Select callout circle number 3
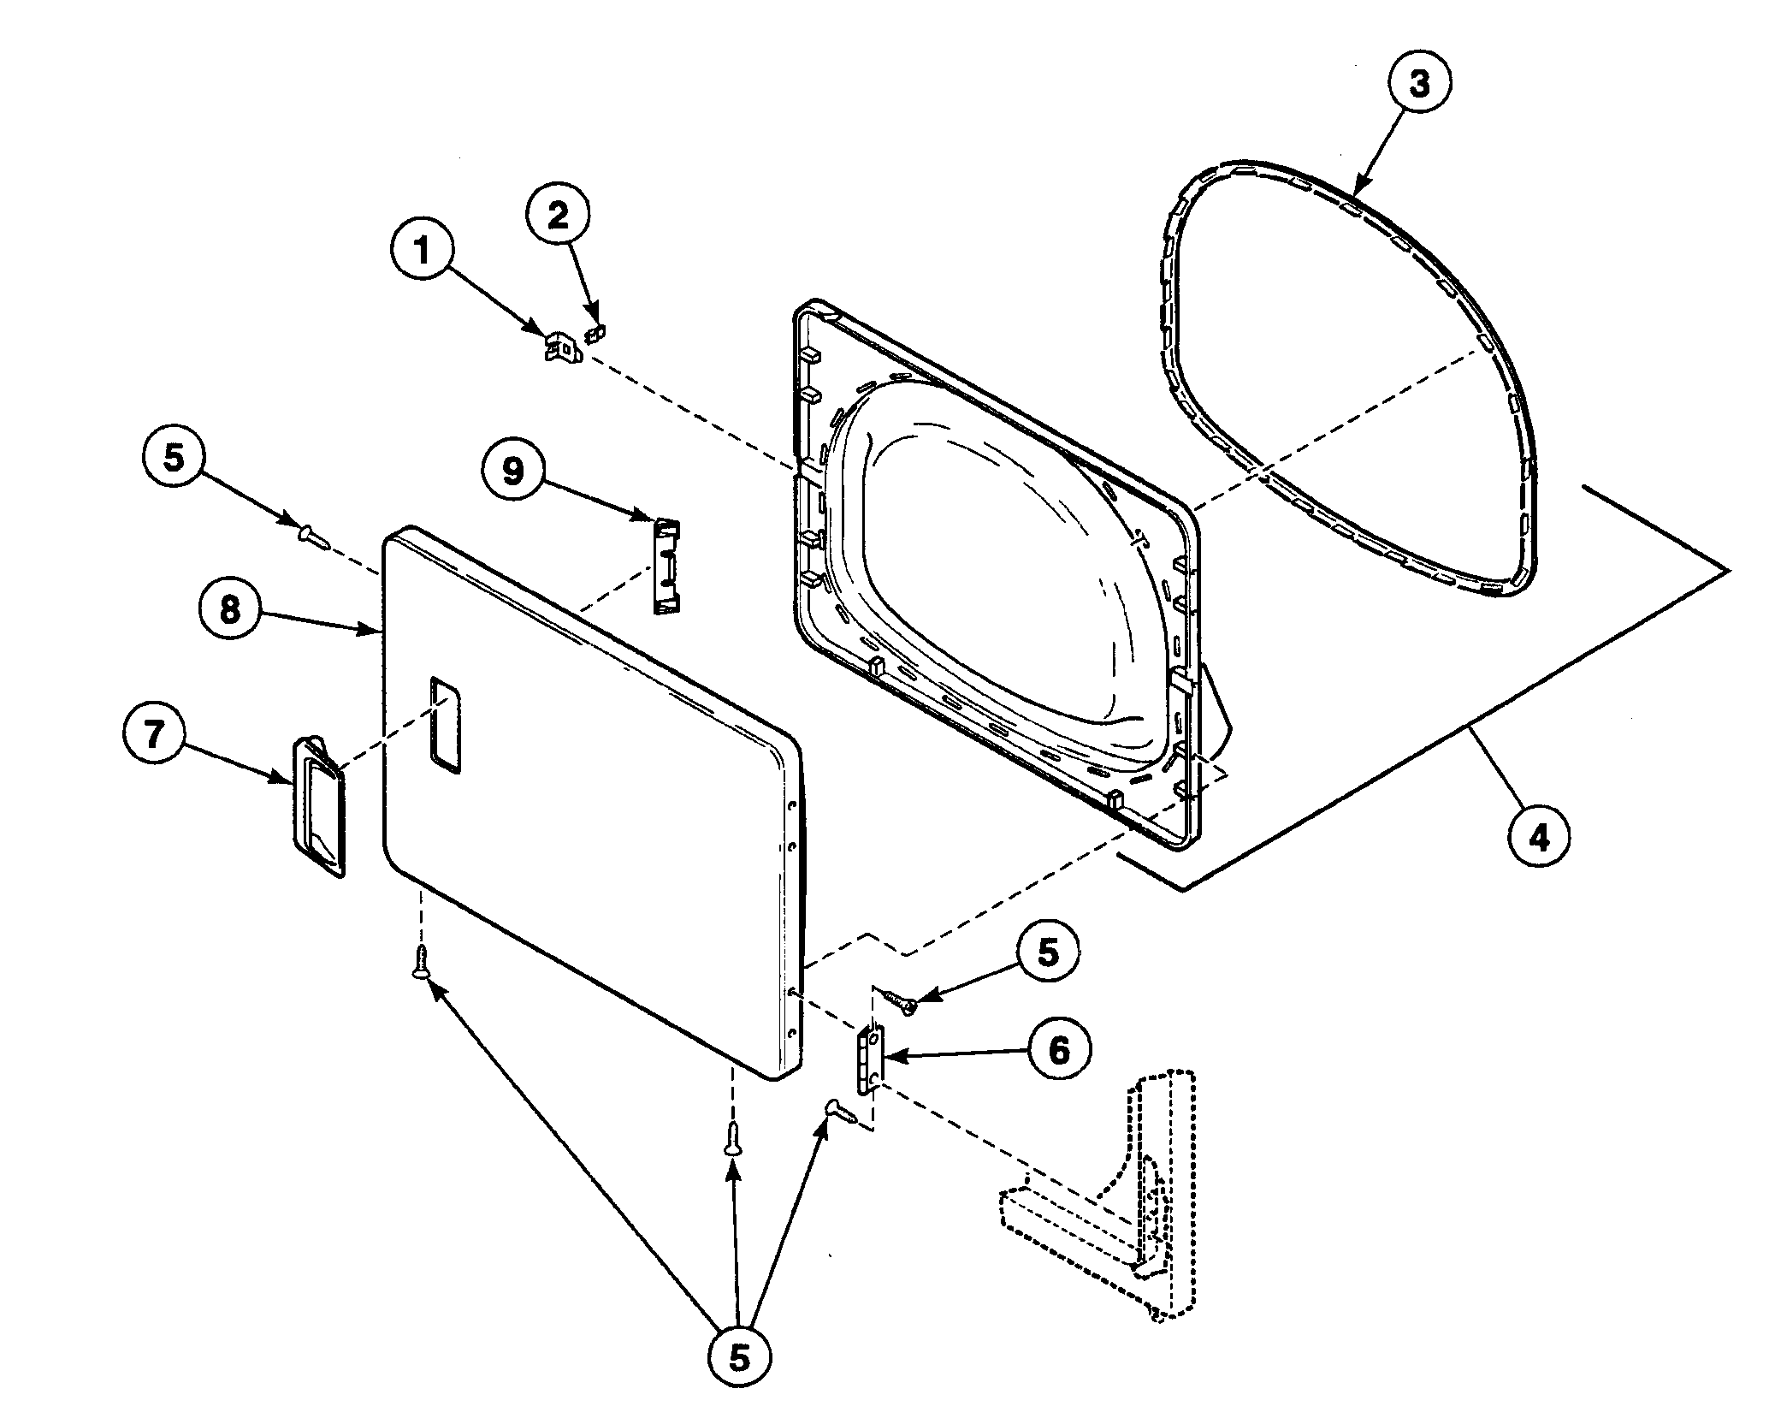tap(1418, 86)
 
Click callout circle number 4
tap(1539, 839)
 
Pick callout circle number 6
tap(1059, 1050)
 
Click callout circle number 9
tap(512, 471)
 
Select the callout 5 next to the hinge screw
tap(1048, 952)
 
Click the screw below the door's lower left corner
tap(420, 962)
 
